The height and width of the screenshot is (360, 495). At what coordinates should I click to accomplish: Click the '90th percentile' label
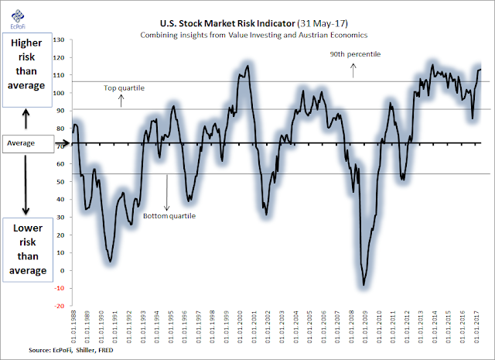click(353, 55)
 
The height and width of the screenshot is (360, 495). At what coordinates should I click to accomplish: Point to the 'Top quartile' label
click(124, 89)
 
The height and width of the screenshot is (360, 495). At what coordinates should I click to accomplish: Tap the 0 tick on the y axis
click(64, 273)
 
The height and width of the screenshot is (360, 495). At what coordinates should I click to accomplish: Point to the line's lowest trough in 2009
click(364, 286)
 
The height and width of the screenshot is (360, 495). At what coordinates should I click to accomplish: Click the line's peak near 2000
click(246, 66)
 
